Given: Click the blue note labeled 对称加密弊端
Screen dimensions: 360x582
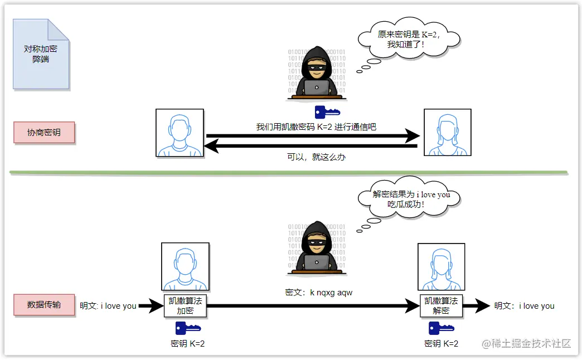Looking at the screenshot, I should click(x=41, y=54).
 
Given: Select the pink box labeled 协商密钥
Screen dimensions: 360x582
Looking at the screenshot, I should click(x=44, y=133).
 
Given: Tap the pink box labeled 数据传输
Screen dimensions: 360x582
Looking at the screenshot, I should click(x=44, y=305).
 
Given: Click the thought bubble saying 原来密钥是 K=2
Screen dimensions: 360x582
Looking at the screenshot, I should click(x=409, y=39).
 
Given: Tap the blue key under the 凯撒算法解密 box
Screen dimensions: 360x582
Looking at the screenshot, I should click(x=441, y=328).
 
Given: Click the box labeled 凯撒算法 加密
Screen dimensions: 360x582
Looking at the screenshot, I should click(x=185, y=305).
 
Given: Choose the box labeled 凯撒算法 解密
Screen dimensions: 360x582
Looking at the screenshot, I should click(x=441, y=305).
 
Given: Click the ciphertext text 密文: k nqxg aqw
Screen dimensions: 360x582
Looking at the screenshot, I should click(x=318, y=292).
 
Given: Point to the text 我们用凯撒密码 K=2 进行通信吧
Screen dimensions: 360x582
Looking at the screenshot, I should click(x=316, y=127).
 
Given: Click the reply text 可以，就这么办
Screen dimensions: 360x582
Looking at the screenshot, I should click(x=316, y=157).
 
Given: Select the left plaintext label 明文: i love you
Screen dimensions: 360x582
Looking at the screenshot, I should click(x=108, y=306).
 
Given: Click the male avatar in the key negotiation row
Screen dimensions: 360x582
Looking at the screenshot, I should click(x=180, y=133).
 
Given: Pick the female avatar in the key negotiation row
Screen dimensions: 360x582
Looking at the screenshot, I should click(x=447, y=133).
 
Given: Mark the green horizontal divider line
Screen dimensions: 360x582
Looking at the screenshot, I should click(x=288, y=172).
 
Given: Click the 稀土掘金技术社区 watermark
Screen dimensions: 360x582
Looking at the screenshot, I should click(x=527, y=343).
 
